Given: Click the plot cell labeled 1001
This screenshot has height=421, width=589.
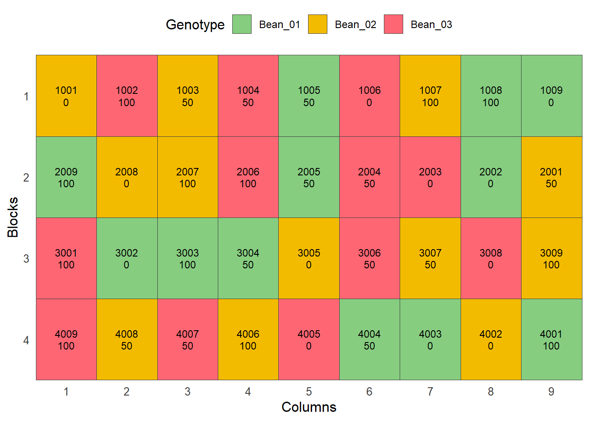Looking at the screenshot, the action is tap(66, 96).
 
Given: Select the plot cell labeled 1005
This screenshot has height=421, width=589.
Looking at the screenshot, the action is tap(309, 96).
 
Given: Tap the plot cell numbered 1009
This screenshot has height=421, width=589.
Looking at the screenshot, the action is tap(552, 96).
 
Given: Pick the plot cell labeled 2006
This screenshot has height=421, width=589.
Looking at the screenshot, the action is tap(248, 177).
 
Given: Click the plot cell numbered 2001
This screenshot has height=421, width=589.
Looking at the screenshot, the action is tap(552, 177).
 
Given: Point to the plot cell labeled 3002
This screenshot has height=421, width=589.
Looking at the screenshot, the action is tap(127, 258).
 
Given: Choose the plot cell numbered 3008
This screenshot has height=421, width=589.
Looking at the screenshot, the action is tap(491, 258).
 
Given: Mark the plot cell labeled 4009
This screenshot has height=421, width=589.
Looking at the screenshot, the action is tap(66, 339).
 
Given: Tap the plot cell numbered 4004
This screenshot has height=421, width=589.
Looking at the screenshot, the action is tap(370, 339).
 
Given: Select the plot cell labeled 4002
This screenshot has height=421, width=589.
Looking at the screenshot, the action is tap(491, 339).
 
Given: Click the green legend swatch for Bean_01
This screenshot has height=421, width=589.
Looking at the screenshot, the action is tap(242, 24).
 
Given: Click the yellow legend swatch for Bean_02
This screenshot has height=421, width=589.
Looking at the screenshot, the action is tap(318, 24).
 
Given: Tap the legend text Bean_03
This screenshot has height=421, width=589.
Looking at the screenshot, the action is tap(431, 25).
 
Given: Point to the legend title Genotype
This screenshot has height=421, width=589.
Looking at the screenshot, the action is tap(195, 25).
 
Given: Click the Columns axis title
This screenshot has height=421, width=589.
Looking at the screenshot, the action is tap(309, 407).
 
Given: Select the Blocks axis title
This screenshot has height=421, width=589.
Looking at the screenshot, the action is tap(13, 218).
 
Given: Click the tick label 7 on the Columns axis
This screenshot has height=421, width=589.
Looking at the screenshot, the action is tap(430, 392).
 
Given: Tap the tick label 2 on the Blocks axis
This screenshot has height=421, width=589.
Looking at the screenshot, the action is tap(26, 178).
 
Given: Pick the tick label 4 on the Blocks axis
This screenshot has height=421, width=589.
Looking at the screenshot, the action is tap(26, 340).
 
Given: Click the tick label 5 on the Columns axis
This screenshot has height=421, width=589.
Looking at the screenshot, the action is tap(309, 392).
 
